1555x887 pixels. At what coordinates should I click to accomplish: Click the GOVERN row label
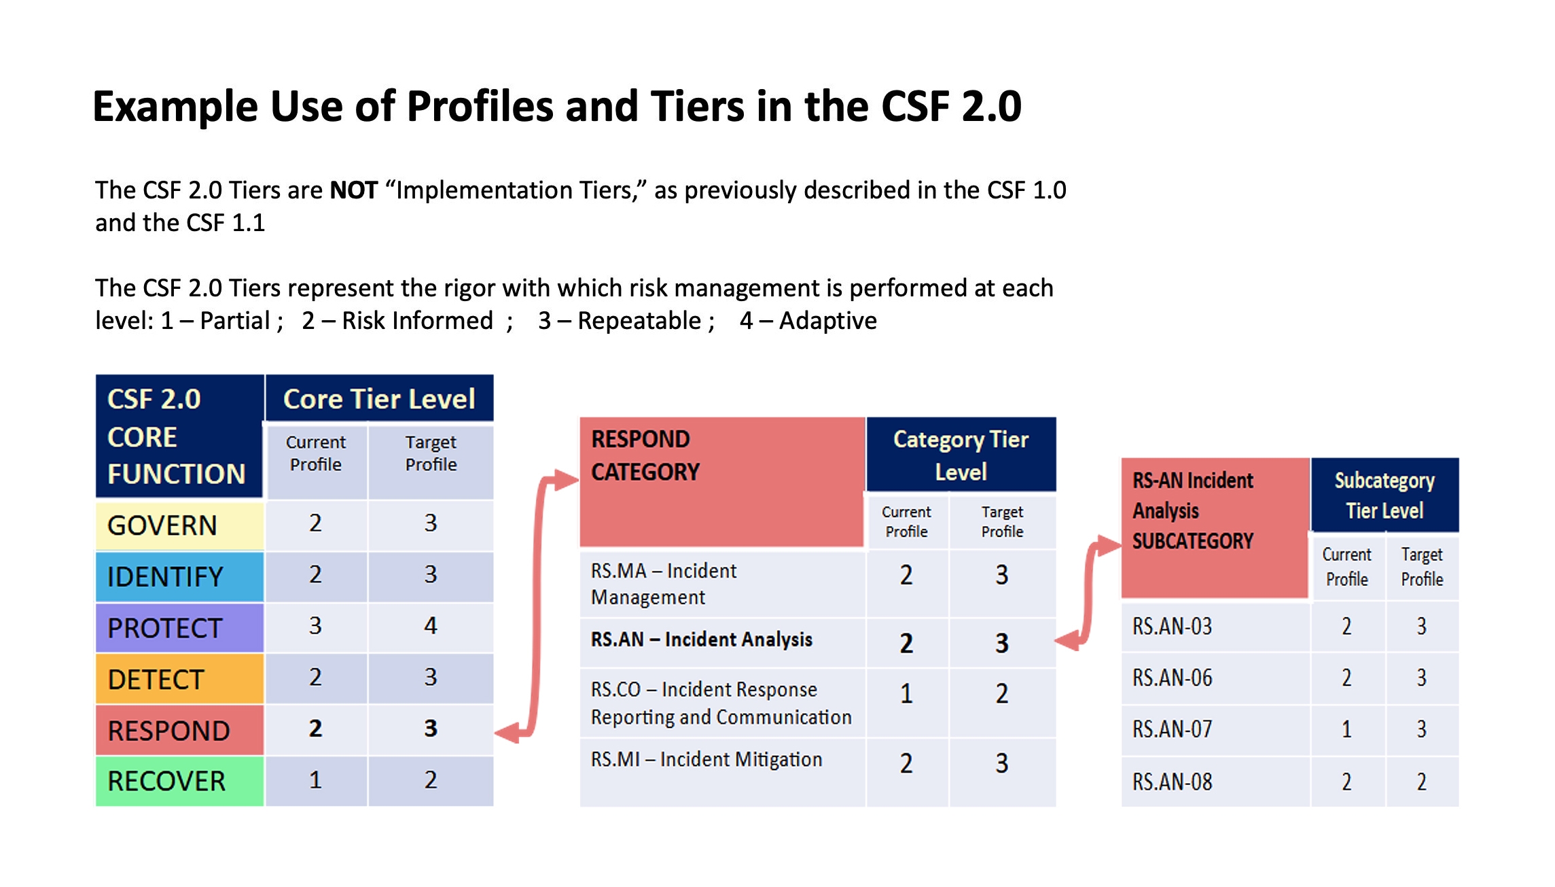[163, 525]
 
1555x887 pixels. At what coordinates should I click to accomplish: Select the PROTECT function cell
[165, 628]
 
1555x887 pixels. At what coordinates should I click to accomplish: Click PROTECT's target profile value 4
[430, 626]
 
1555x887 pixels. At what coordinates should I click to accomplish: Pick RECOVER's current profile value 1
[315, 780]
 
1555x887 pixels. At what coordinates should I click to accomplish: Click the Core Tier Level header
[379, 399]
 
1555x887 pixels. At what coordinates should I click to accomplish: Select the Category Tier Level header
[961, 455]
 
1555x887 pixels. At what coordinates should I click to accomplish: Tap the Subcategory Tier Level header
[1384, 495]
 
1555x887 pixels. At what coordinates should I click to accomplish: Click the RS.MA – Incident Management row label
[664, 583]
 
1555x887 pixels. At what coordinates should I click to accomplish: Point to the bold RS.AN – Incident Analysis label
[701, 640]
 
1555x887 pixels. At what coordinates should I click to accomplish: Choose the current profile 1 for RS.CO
[906, 694]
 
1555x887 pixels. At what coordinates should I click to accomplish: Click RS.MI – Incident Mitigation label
[707, 759]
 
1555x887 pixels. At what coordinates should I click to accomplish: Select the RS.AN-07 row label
[1172, 729]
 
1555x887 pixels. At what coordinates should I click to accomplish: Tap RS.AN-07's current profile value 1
[1346, 729]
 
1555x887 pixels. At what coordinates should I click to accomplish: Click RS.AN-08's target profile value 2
[1421, 782]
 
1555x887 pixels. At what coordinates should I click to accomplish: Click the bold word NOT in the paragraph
[353, 190]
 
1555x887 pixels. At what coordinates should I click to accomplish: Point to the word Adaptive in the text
[827, 321]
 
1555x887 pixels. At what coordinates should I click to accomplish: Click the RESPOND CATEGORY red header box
[721, 481]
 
